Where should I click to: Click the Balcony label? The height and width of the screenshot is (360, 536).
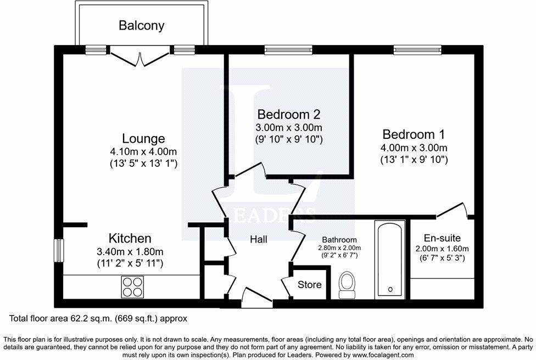[x=142, y=25]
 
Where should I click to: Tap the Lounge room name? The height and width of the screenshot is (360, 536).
[x=143, y=138]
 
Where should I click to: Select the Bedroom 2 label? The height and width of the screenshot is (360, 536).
[x=289, y=115]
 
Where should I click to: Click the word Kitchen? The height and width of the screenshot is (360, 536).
[x=130, y=239]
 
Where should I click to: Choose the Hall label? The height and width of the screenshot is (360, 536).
[x=259, y=239]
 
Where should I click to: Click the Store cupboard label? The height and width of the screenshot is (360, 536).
[x=309, y=285]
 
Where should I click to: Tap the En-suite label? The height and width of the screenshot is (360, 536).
[x=442, y=238]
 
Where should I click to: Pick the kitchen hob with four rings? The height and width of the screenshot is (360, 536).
[x=132, y=286]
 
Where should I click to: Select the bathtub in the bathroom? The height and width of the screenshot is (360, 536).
[x=390, y=260]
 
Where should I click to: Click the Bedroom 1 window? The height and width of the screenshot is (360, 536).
[x=413, y=50]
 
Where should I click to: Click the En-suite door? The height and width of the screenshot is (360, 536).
[x=452, y=210]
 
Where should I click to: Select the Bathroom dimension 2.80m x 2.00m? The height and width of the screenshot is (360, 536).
[x=339, y=248]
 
